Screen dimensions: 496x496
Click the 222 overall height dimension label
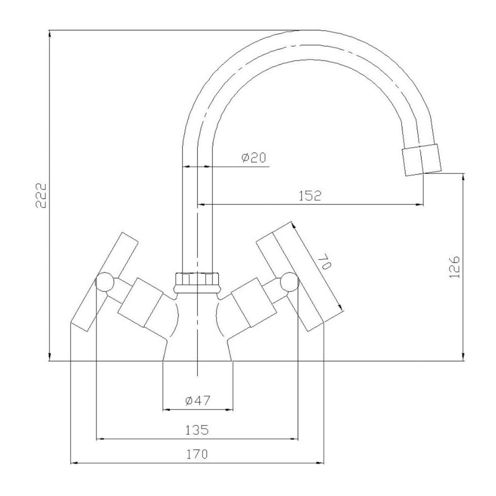[41, 195]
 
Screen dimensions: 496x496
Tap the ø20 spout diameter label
[254, 157]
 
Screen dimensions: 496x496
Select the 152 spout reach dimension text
[310, 196]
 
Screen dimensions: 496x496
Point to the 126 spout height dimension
[454, 267]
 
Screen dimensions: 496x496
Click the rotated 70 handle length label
[324, 262]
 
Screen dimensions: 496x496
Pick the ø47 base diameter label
[197, 401]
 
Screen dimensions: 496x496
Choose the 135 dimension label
[197, 430]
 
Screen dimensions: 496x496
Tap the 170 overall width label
[197, 454]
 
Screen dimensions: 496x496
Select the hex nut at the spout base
[197, 282]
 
